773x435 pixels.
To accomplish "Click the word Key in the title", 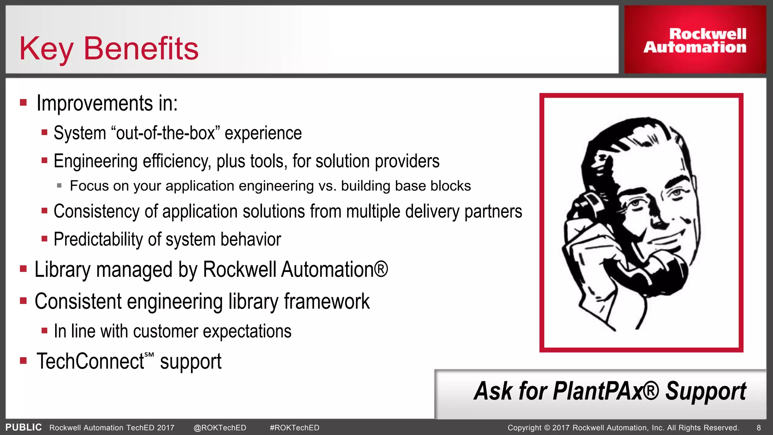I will pos(46,49).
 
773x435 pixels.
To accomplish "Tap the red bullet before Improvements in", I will pos(23,102).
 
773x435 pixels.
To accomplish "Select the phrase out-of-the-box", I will pos(166,133).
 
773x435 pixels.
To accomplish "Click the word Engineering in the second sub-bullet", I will pos(95,162).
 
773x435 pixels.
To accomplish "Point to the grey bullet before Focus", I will pos(59,185).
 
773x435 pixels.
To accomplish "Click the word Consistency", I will pos(96,211).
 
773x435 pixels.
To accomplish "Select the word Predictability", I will pos(98,239).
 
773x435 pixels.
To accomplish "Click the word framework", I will pos(326,301).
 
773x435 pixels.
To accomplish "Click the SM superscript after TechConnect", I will pos(149,355).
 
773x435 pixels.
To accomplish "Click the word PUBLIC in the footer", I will pos(23,427).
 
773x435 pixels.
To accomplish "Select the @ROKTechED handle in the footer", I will pos(220,428).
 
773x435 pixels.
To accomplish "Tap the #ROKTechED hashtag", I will pos(294,428).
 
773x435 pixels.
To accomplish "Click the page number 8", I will pos(759,428).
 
